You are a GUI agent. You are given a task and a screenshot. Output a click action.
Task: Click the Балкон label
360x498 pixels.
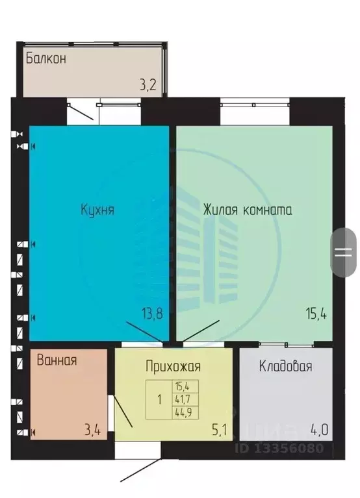pyautogui.click(x=46, y=58)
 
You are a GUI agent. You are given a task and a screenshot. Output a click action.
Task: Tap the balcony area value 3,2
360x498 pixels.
pyautogui.click(x=150, y=84)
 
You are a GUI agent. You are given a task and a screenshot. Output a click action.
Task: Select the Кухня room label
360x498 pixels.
pyautogui.click(x=97, y=210)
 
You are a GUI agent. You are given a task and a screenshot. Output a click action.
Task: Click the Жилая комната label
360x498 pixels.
pyautogui.click(x=247, y=210)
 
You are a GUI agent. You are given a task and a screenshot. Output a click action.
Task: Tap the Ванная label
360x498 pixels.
pyautogui.click(x=57, y=360)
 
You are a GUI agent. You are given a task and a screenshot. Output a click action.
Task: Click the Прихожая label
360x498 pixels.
pyautogui.click(x=173, y=367)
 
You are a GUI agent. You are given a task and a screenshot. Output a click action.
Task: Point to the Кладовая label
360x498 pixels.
pyautogui.click(x=285, y=366)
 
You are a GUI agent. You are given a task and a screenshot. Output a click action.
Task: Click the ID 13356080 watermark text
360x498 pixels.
pyautogui.click(x=287, y=447)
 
